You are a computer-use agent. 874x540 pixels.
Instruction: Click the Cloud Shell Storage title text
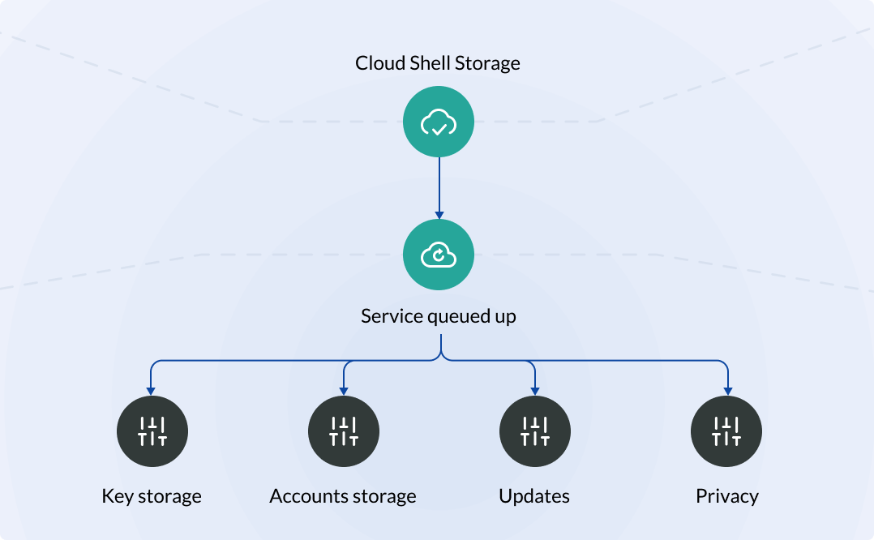point(438,63)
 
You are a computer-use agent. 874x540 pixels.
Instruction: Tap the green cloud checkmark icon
point(439,124)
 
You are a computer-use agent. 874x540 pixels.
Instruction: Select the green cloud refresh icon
point(439,255)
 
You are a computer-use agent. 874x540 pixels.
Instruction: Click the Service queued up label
point(439,315)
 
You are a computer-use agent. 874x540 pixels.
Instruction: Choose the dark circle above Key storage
point(152,431)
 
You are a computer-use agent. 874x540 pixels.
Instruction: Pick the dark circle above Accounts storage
point(344,431)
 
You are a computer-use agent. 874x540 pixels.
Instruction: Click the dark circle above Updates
point(535,431)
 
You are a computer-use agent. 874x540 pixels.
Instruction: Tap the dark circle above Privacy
point(726,431)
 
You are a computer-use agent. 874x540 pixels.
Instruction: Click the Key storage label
point(152,496)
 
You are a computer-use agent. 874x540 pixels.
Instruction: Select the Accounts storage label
point(343,496)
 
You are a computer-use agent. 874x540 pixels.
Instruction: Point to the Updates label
point(534,496)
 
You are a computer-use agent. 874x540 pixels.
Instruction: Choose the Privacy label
point(727,496)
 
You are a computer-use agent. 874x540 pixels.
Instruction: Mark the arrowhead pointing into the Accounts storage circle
point(344,391)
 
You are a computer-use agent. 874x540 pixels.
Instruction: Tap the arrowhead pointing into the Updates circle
point(535,391)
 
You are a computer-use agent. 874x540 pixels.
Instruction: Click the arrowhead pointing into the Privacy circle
point(727,391)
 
